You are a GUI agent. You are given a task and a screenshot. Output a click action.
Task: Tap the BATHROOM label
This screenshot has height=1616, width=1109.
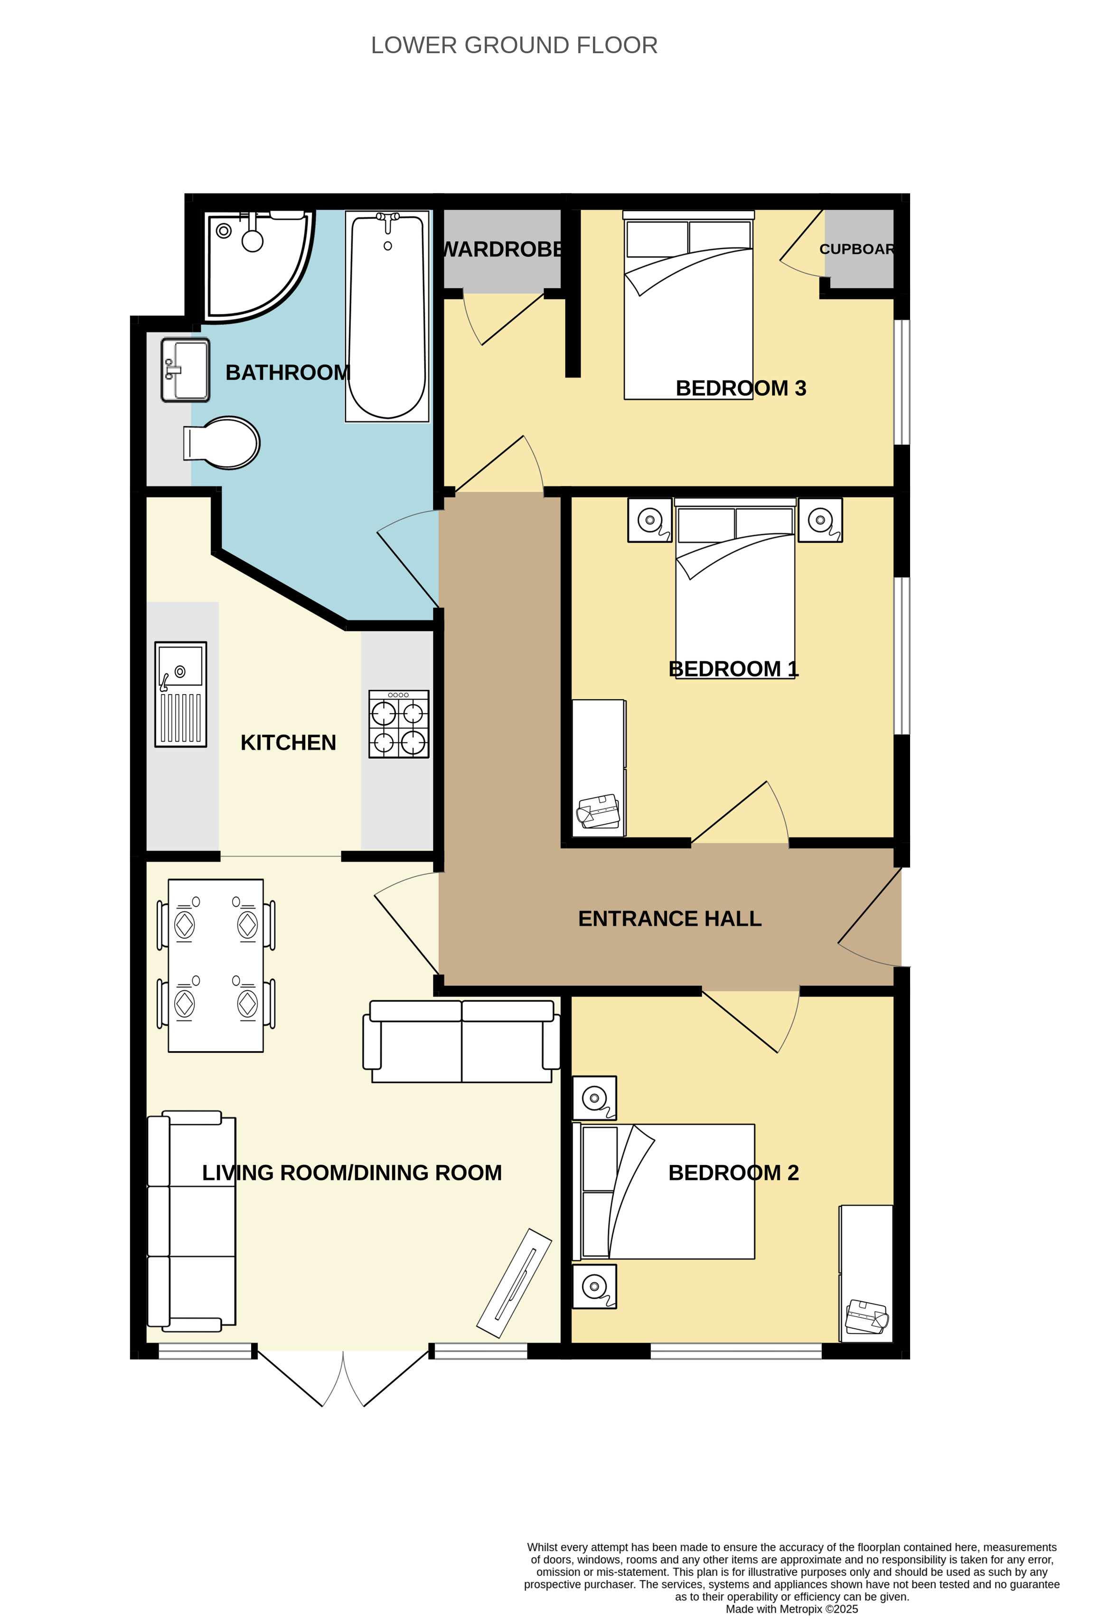(x=287, y=373)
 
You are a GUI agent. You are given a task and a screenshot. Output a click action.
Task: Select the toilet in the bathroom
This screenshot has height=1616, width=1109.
(x=222, y=442)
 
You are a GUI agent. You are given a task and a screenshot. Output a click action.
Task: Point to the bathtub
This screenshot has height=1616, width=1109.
(x=387, y=316)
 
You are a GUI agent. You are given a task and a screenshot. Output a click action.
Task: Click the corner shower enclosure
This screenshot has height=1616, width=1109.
(x=257, y=266)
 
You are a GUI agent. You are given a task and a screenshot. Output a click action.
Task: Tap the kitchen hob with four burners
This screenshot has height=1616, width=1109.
(x=398, y=724)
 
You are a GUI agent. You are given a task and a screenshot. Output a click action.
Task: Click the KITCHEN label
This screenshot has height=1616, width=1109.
(x=288, y=742)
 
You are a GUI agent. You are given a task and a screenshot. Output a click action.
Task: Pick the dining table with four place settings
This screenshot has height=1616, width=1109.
(x=216, y=966)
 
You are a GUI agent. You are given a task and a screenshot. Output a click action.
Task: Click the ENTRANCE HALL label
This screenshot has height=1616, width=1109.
(x=669, y=919)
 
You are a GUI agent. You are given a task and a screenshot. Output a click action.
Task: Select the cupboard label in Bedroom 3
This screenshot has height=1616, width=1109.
(x=856, y=249)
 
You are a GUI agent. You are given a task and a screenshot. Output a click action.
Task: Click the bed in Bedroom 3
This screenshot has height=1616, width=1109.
(x=688, y=305)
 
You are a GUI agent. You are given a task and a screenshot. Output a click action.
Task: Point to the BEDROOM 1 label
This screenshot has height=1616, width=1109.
(x=733, y=669)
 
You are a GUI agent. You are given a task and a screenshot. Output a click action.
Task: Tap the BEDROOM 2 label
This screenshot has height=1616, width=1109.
(x=733, y=1173)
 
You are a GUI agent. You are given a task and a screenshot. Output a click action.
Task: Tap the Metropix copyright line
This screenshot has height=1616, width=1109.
(x=792, y=1608)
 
